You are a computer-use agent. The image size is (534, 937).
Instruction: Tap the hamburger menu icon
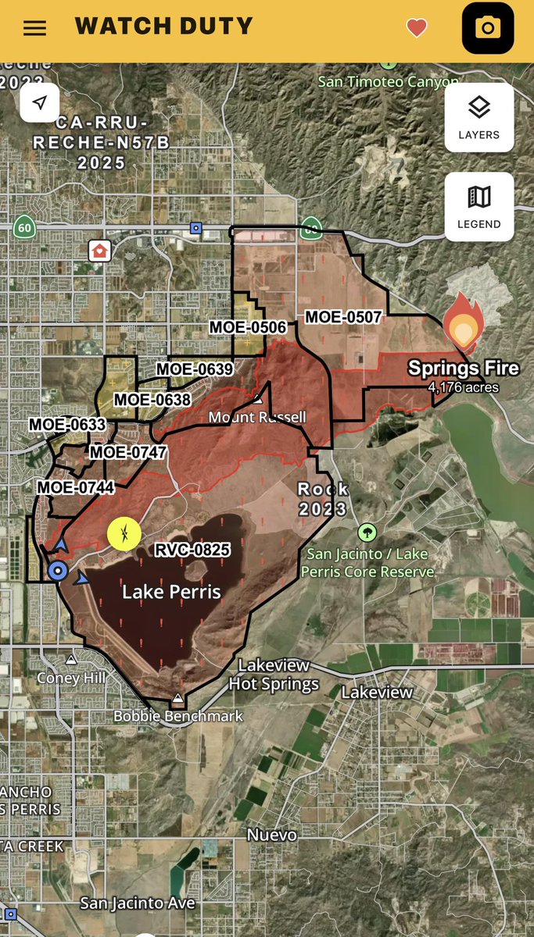[34, 28]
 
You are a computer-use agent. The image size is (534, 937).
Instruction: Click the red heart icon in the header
[417, 28]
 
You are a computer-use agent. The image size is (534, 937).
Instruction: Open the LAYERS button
[478, 116]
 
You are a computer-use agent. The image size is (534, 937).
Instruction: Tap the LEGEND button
[478, 206]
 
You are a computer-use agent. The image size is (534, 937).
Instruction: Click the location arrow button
[39, 102]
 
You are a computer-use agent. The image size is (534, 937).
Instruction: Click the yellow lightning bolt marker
[124, 534]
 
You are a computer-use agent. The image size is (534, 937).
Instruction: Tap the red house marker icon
[100, 251]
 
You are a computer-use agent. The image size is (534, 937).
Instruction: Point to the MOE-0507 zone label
[342, 317]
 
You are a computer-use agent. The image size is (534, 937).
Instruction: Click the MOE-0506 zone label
[247, 327]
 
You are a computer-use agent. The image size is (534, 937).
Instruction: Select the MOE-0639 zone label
[195, 369]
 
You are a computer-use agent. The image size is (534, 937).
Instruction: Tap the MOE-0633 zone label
[67, 425]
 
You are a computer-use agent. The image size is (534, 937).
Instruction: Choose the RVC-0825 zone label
[192, 550]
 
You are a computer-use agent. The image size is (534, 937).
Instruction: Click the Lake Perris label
[171, 592]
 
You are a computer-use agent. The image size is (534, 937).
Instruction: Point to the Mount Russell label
[257, 418]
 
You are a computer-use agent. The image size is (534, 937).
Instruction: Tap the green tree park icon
[367, 533]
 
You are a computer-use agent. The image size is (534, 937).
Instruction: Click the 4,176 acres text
[464, 387]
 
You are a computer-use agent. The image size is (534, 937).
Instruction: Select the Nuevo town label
[272, 835]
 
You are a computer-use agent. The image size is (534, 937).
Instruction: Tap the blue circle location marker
[56, 571]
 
